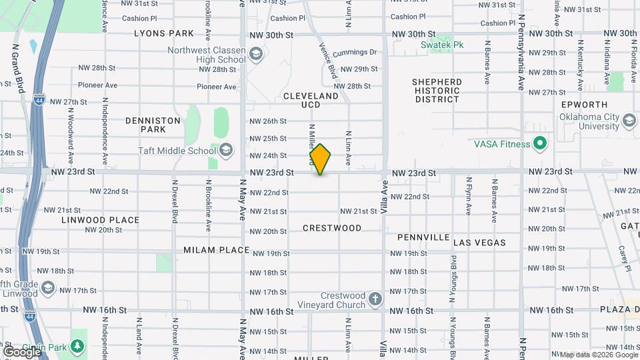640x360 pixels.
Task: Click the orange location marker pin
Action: (x=321, y=159)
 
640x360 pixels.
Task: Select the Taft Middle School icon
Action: (x=226, y=150)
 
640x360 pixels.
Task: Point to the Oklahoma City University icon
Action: (x=629, y=120)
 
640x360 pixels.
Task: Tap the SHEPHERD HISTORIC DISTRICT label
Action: (x=437, y=91)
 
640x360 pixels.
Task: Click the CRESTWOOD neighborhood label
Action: (x=332, y=228)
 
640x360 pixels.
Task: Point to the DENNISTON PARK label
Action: (x=153, y=125)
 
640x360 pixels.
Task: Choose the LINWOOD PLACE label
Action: (x=101, y=220)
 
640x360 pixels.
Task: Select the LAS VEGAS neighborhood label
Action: (x=479, y=243)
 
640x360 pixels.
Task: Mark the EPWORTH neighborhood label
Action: (x=585, y=105)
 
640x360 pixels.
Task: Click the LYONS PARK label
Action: (x=163, y=33)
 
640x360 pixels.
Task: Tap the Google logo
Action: (x=21, y=351)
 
